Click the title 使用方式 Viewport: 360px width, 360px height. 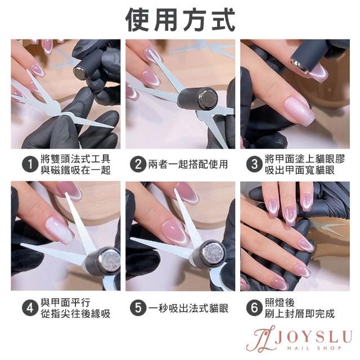click(180, 20)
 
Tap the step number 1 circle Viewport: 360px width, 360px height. click(30, 164)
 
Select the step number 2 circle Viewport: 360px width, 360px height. click(138, 164)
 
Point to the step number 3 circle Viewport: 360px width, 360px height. click(254, 164)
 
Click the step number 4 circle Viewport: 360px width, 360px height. click(30, 308)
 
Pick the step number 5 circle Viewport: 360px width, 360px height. click(138, 308)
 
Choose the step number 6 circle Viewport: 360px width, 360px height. click(254, 308)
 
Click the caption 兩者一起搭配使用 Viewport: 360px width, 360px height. click(188, 164)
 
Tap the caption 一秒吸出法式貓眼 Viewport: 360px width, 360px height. click(188, 308)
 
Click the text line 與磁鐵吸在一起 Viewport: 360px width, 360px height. click(75, 170)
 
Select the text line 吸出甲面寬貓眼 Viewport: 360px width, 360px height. click(300, 170)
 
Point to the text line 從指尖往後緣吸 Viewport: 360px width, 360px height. click(75, 314)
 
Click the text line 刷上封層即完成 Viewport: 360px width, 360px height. click(300, 314)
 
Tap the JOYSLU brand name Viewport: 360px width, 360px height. click(313, 336)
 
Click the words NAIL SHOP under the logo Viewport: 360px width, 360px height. click(314, 348)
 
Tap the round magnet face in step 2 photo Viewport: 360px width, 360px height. click(208, 99)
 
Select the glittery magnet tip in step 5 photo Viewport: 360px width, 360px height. click(214, 255)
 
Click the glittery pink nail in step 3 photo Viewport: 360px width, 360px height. click(299, 111)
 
